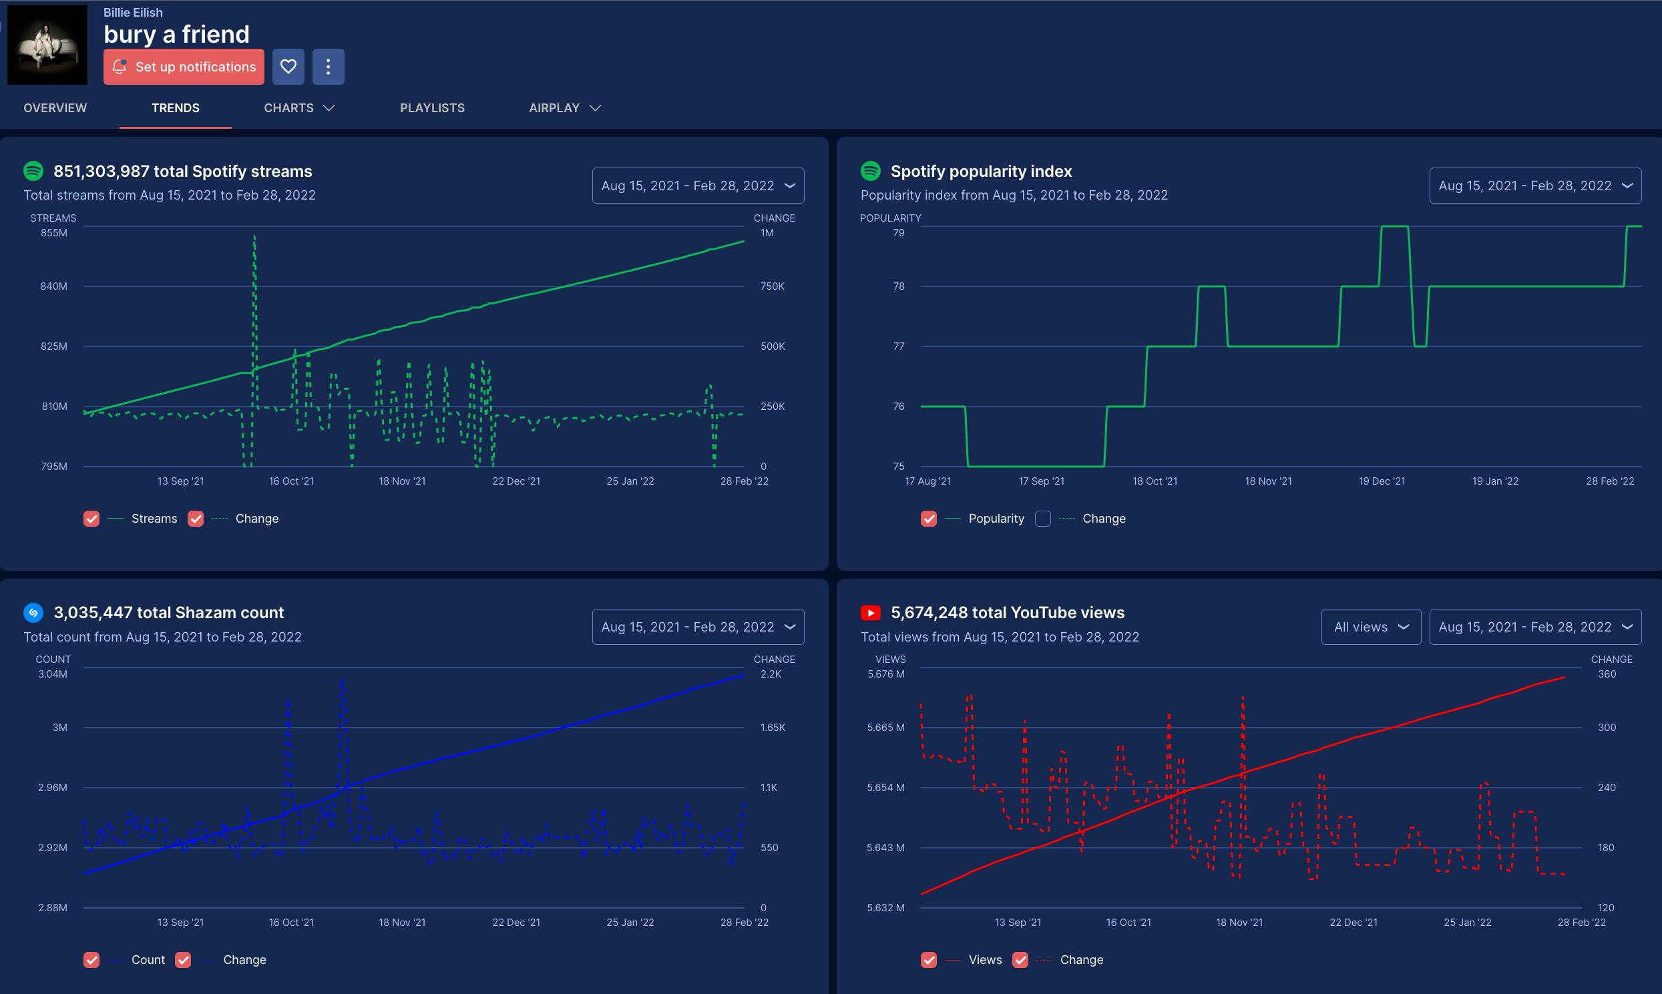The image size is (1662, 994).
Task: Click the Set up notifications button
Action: (x=184, y=67)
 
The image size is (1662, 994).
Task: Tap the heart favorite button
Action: (x=288, y=67)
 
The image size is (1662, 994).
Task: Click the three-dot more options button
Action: (x=329, y=67)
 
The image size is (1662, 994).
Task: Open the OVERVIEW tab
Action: (x=55, y=108)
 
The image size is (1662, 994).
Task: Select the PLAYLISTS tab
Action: (x=432, y=108)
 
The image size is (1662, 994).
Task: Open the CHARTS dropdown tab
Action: (x=298, y=108)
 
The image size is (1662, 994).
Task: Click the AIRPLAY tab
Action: (x=565, y=108)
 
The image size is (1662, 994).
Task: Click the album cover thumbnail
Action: (x=47, y=45)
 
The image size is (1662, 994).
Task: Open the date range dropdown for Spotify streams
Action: (x=698, y=186)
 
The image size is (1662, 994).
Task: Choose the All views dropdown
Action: (x=1371, y=627)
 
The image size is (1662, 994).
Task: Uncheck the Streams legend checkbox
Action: (x=91, y=519)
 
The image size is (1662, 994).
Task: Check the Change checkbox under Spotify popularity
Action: (x=1042, y=519)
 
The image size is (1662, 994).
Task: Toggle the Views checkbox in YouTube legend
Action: (x=928, y=960)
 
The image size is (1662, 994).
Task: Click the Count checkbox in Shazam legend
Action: (x=91, y=960)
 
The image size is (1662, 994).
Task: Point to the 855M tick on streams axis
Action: (x=54, y=233)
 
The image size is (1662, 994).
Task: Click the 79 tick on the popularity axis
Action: (x=898, y=233)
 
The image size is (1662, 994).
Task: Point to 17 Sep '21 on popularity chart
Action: (x=1041, y=481)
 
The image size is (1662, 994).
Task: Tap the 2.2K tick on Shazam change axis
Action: (x=771, y=674)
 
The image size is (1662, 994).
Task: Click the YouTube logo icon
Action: (x=870, y=613)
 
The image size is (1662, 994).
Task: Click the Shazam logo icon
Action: (x=33, y=613)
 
